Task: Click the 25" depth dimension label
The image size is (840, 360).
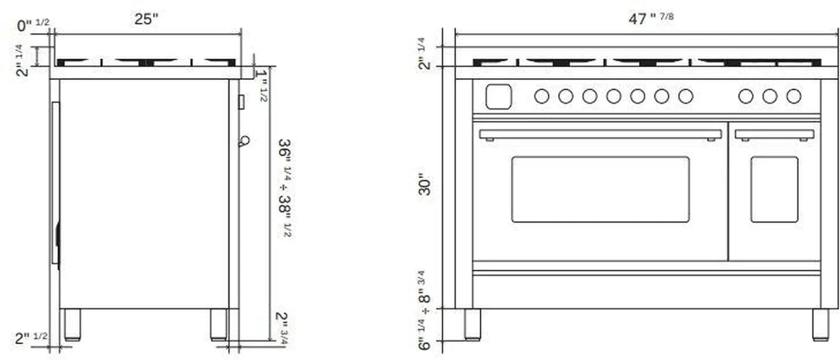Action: coord(146,19)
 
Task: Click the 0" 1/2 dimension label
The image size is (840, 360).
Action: coord(33,24)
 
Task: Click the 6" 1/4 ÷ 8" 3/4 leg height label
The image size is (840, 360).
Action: coord(424,310)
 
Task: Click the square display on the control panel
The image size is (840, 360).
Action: coord(498,97)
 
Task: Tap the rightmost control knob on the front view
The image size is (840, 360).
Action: coord(793,96)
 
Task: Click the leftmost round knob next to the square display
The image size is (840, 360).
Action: coord(541,96)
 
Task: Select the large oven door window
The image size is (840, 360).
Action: coord(600,189)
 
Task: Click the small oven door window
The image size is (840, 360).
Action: coord(774,189)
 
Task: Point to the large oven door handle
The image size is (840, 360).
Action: coord(600,134)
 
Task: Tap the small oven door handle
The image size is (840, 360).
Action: coord(774,135)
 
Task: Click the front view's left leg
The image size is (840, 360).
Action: coord(472,324)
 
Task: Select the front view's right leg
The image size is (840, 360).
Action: coord(820,324)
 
